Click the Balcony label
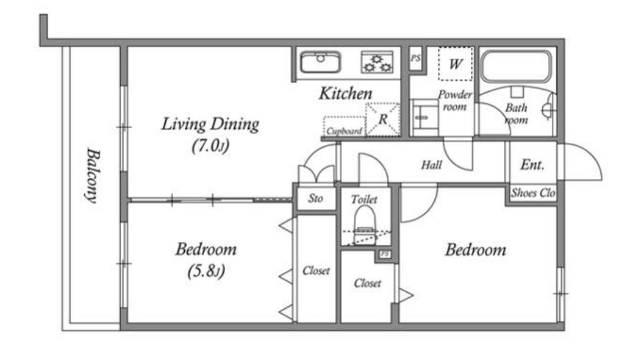tap(93, 175)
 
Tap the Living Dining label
tap(210, 124)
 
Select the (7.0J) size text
tap(211, 146)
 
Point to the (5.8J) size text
tap(206, 271)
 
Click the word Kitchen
tap(345, 94)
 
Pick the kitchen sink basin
tap(320, 62)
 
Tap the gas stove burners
tap(377, 62)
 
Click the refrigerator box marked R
tap(383, 119)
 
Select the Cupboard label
tap(344, 131)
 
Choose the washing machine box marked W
tap(456, 64)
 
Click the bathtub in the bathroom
tap(516, 66)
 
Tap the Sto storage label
tap(315, 198)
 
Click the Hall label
tap(431, 165)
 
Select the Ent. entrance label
tap(532, 164)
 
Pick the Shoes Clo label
tap(533, 192)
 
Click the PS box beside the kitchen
tap(416, 59)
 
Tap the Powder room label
tap(455, 101)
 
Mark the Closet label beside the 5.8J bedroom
tap(316, 271)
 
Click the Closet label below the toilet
tap(367, 283)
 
